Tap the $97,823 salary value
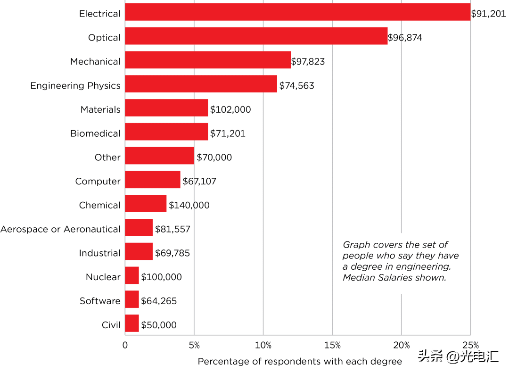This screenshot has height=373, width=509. (x=308, y=62)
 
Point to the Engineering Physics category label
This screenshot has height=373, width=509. (x=75, y=86)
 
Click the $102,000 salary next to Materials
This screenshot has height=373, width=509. (x=230, y=110)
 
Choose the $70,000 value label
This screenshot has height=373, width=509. (x=214, y=157)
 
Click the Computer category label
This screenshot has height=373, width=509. (x=98, y=182)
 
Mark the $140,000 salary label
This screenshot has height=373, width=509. (x=189, y=206)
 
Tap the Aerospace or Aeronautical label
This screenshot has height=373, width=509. (x=60, y=230)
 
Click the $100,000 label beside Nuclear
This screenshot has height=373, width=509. (x=161, y=277)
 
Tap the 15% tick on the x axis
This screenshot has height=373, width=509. (x=332, y=345)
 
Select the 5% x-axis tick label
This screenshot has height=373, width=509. (x=194, y=345)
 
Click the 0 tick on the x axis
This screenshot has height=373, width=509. (x=125, y=345)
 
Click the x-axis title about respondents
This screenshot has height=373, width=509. (x=300, y=362)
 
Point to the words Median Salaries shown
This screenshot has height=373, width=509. (x=394, y=278)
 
